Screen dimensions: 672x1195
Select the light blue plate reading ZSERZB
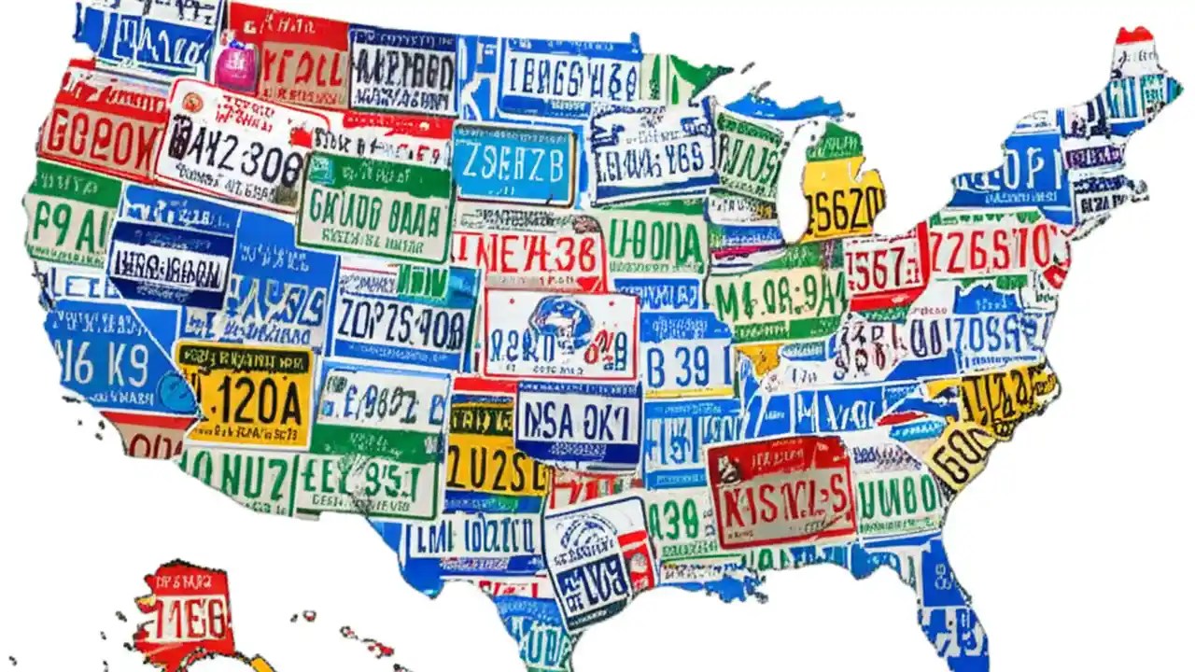(513, 164)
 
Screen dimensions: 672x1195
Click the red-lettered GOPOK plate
(98, 138)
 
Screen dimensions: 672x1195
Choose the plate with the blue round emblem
(560, 331)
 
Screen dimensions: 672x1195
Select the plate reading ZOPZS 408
(401, 322)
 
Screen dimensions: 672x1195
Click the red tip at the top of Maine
(1134, 35)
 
